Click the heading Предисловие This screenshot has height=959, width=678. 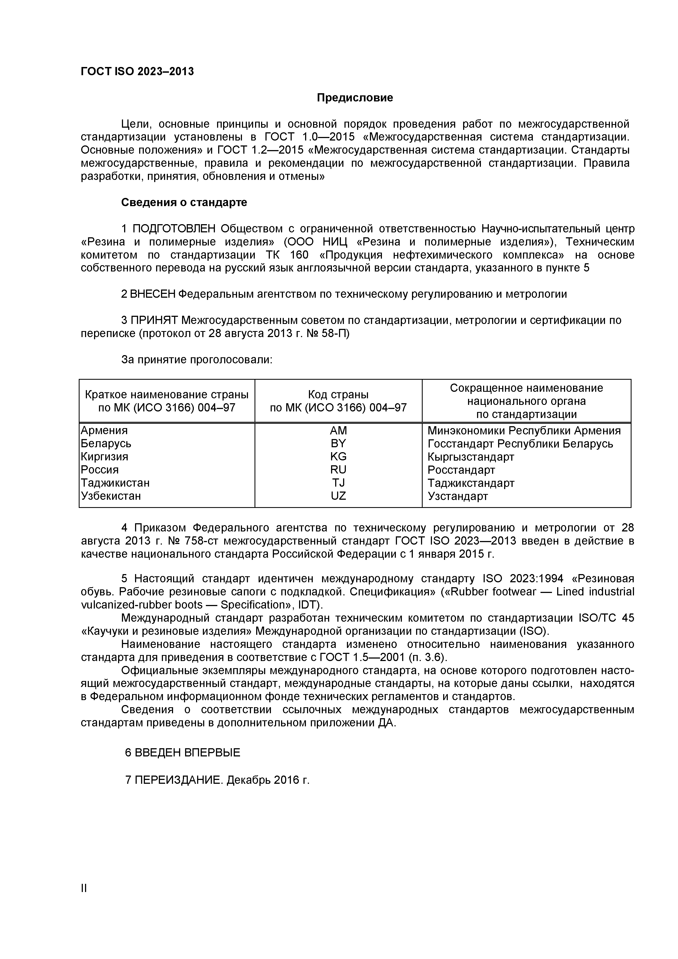coord(354,98)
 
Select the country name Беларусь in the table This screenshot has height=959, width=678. coord(106,444)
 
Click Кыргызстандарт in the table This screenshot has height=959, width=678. coord(471,457)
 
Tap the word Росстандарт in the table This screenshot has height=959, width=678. coord(461,470)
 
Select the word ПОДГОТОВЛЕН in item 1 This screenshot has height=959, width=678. coord(174,229)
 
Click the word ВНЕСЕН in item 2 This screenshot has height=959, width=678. coord(153,294)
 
